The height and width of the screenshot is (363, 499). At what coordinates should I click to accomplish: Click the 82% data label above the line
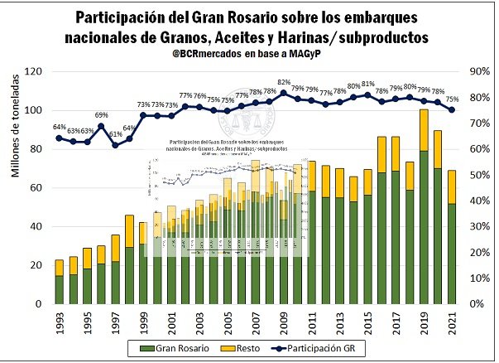tap(284, 82)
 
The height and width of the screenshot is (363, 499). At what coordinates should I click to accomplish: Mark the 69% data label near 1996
tap(101, 115)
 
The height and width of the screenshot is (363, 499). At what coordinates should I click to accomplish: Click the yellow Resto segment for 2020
tap(439, 149)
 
